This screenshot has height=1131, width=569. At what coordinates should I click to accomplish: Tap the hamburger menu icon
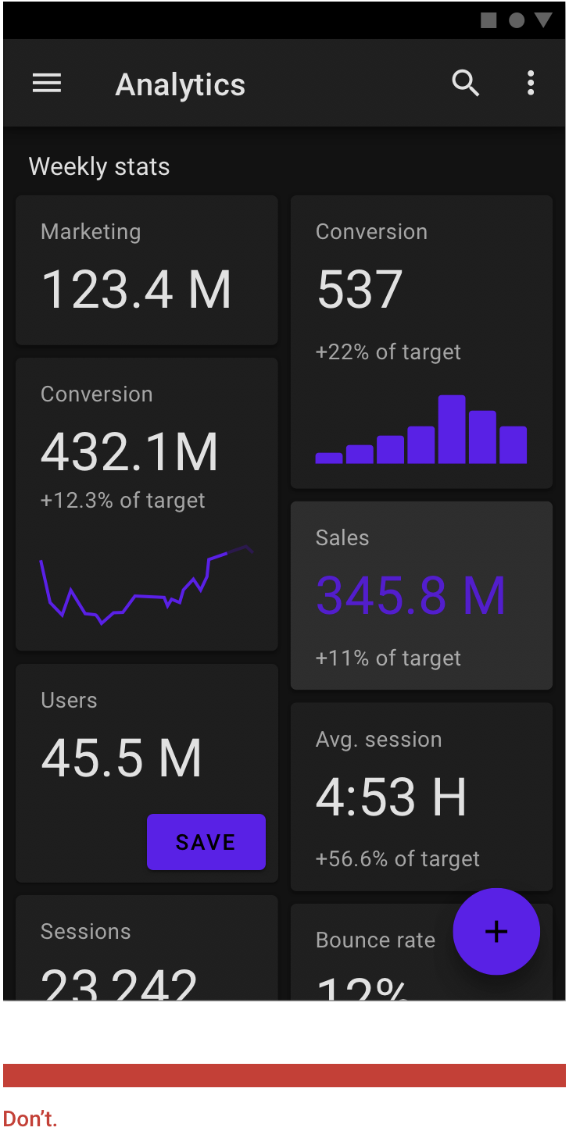pyautogui.click(x=47, y=84)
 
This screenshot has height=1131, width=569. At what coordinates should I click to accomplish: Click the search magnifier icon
pyautogui.click(x=466, y=83)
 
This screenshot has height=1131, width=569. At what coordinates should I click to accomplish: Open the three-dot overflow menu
pyautogui.click(x=531, y=83)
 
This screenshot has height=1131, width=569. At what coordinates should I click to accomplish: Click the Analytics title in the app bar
pyautogui.click(x=181, y=84)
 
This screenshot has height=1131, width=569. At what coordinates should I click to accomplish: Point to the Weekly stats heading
pyautogui.click(x=99, y=166)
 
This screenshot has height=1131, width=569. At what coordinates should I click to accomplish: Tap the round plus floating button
pyautogui.click(x=496, y=931)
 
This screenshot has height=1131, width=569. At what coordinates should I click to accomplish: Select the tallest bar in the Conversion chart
pyautogui.click(x=452, y=430)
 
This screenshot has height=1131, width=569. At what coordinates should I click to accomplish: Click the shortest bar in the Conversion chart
pyautogui.click(x=329, y=458)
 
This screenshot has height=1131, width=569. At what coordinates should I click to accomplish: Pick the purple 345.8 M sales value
pyautogui.click(x=410, y=596)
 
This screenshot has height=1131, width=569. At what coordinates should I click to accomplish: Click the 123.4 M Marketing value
pyautogui.click(x=136, y=290)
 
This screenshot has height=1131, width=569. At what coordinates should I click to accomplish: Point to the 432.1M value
pyautogui.click(x=129, y=452)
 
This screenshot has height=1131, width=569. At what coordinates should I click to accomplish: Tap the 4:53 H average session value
pyautogui.click(x=391, y=797)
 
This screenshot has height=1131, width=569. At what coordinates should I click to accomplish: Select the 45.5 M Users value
pyautogui.click(x=121, y=758)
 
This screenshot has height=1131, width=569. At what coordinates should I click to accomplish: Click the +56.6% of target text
pyautogui.click(x=397, y=859)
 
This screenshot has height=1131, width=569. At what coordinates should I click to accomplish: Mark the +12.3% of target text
pyautogui.click(x=123, y=501)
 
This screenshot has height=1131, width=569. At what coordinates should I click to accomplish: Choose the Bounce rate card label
pyautogui.click(x=375, y=940)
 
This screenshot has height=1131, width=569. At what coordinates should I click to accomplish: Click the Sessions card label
pyautogui.click(x=86, y=931)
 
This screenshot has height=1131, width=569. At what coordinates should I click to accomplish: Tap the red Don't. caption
pyautogui.click(x=30, y=1119)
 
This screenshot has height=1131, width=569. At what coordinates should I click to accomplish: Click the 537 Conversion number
pyautogui.click(x=360, y=290)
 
